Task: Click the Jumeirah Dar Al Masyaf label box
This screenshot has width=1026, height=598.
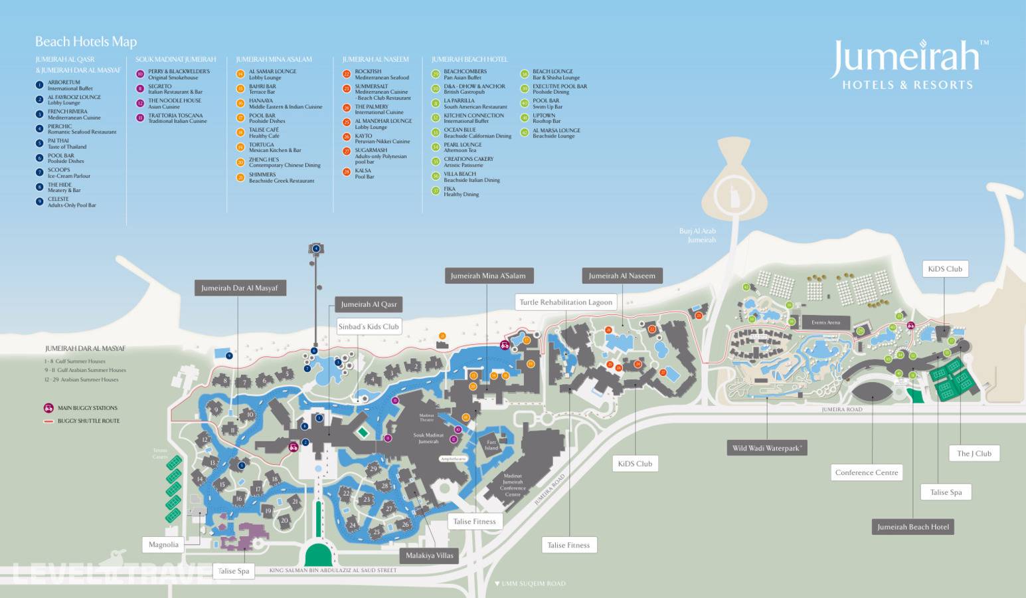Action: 240,288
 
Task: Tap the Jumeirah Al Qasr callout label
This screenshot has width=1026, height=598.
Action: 369,304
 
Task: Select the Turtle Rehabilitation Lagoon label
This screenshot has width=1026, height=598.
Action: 566,302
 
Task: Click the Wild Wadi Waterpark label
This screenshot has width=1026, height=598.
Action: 767,448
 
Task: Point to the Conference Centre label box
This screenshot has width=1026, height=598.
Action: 867,472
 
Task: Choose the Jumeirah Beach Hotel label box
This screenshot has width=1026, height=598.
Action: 913,527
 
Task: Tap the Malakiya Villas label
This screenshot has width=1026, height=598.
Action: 429,555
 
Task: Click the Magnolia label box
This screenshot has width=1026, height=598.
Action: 163,545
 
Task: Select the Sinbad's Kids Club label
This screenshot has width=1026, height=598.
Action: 369,326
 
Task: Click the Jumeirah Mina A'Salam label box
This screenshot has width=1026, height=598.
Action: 488,276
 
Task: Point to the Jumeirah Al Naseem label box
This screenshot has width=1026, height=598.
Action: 622,276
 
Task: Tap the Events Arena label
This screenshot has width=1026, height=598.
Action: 825,322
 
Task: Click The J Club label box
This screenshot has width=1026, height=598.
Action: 974,454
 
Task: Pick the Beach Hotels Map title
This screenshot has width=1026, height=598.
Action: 86,42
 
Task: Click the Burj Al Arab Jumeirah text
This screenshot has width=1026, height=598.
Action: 697,235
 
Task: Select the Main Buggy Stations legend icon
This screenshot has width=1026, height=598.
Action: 48,408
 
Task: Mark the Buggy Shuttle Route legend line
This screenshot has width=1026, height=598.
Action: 48,421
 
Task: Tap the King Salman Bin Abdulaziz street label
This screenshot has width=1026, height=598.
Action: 333,570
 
